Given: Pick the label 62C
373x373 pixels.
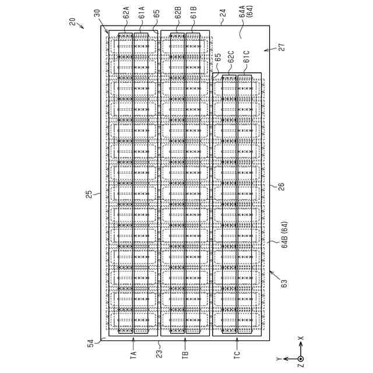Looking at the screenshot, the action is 231,57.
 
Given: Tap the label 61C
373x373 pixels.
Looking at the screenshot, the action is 247,57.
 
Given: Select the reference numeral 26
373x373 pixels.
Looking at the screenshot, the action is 281,186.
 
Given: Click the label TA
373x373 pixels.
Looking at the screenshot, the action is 133,354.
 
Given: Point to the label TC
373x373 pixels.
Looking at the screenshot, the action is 237,354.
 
